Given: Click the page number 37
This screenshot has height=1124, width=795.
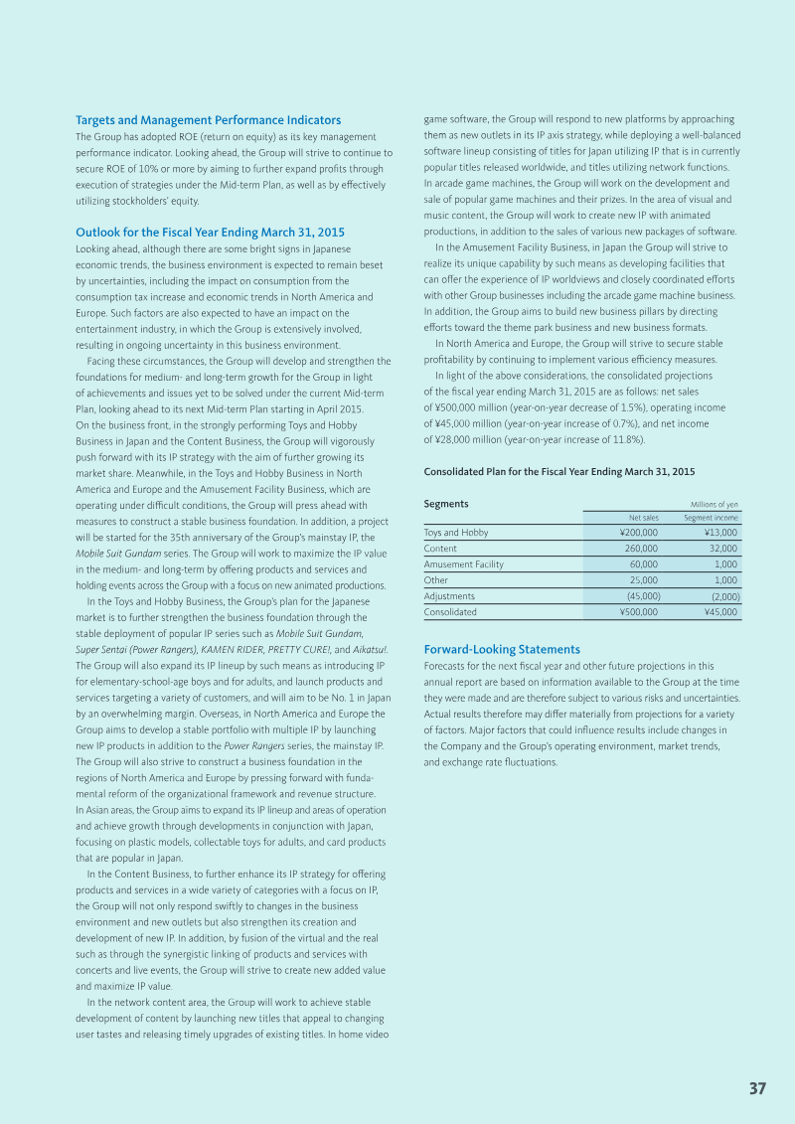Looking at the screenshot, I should pos(757,1088).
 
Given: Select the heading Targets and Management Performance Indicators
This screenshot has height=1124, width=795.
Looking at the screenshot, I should pos(208,120).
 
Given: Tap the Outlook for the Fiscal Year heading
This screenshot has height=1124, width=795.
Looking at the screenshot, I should pos(210,233).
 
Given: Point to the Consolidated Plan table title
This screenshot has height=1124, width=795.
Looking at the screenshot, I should pos(559,471).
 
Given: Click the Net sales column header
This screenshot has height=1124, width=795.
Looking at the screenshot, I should pos(643,517).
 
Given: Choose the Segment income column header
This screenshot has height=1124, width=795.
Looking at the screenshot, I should pos(711,517).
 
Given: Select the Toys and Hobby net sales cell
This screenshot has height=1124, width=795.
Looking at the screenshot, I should pos(638,533).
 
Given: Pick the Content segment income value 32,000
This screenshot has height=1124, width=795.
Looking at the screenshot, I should pos(722,549).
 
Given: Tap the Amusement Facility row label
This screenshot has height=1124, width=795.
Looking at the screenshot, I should pos(463,564).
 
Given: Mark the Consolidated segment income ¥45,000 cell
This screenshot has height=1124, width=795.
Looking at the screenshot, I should pos(719,612).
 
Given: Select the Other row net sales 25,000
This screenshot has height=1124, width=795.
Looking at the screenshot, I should pos(643,580).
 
